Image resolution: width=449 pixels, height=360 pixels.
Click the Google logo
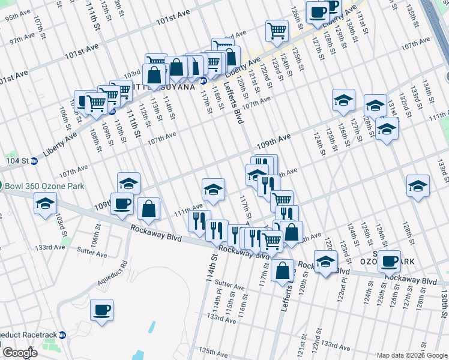[x=20, y=353]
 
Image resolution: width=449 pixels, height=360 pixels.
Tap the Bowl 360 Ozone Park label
[x=44, y=186]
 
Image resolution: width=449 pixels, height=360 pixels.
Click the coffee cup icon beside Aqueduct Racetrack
[x=101, y=310]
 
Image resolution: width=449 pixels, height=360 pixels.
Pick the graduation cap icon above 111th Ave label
[x=213, y=190]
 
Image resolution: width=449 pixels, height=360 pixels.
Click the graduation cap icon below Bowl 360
[x=44, y=204]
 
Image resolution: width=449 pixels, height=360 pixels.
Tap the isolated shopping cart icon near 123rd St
[x=277, y=29]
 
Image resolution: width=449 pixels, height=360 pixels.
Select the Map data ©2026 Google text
[x=412, y=355]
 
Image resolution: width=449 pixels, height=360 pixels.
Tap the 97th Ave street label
[x=22, y=38]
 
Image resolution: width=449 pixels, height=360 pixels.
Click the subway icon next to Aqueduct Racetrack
[x=62, y=335]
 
